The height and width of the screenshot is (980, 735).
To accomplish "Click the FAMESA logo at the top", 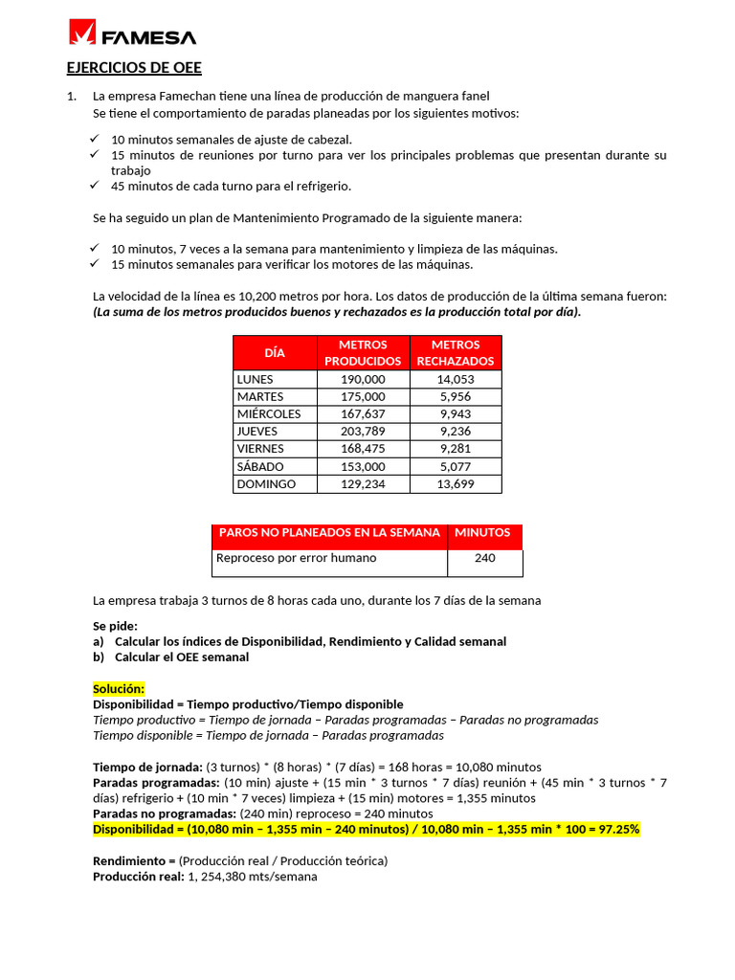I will (x=132, y=35).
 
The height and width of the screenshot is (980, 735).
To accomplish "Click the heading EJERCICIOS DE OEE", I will (x=134, y=68).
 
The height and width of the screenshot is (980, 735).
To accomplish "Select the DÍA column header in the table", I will (x=275, y=352).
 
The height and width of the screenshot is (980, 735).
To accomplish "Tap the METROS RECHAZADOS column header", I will (x=456, y=352).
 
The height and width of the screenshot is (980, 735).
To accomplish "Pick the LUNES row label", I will (x=255, y=379).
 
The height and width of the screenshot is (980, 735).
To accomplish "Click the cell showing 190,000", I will (x=363, y=379).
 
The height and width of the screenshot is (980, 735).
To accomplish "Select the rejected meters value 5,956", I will (x=455, y=396).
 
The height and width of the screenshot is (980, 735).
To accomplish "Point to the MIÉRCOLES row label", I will (x=269, y=413).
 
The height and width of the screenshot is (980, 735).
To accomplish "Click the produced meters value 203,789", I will (x=363, y=432).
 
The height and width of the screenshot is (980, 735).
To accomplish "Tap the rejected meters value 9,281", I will (x=455, y=449).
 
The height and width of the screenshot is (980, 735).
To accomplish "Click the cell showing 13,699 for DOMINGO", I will (x=455, y=484).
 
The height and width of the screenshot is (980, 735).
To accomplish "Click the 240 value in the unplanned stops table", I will (x=484, y=558).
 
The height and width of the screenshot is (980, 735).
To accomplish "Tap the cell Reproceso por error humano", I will (x=296, y=558).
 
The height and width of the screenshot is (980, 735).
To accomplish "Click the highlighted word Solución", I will (x=119, y=689).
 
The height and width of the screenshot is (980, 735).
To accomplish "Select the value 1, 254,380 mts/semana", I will (x=253, y=877).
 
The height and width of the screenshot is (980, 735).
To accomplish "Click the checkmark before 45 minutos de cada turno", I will (x=94, y=186).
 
